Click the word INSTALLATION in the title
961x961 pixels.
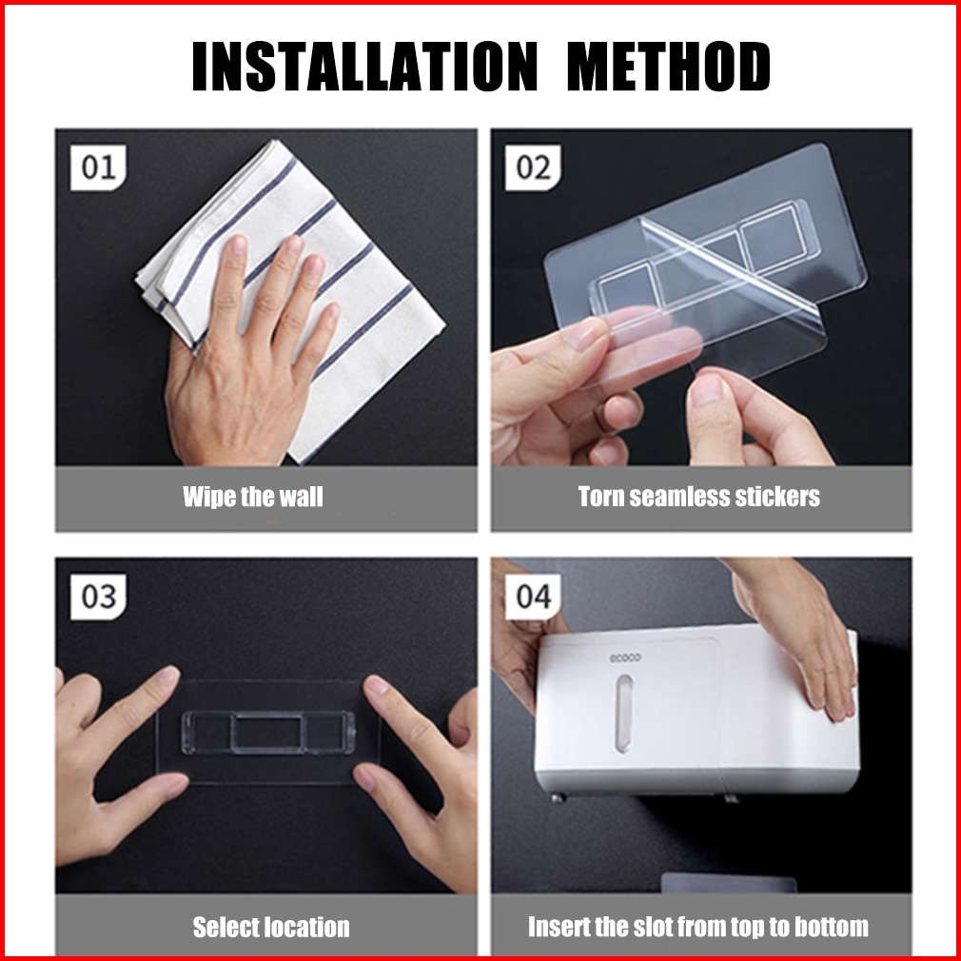pos(365,67)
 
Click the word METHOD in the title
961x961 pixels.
pos(668,67)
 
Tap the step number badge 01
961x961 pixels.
pos(98,167)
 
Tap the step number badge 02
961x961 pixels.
pos(533,167)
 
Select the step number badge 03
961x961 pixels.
pos(98,597)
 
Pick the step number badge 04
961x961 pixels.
pos(533,597)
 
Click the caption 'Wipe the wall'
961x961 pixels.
pos(252,497)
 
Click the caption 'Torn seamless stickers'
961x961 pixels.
pos(698,497)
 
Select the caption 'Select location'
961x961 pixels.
pos(271,927)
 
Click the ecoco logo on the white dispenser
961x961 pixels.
pos(625,658)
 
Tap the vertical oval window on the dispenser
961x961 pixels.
pos(624,714)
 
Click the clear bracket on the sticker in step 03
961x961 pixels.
pos(268,733)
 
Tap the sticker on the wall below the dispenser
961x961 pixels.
pos(730,883)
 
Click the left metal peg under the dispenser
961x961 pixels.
pos(558,798)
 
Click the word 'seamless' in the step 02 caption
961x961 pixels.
pos(679,497)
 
